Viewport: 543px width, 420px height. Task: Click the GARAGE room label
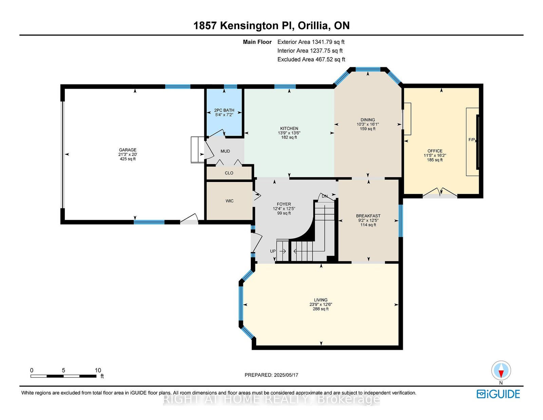(128, 150)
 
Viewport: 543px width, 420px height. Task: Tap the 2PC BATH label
(224, 110)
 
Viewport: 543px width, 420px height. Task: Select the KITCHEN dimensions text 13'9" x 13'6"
(289, 133)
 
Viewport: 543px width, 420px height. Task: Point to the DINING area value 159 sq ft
(368, 129)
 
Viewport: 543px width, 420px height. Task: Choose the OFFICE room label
(435, 151)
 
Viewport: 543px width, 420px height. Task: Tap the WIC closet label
(229, 201)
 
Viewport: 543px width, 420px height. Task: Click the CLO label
(229, 173)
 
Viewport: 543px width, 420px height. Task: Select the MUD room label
(225, 151)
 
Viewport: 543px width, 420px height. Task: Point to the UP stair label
(273, 251)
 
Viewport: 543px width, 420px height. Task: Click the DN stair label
(324, 196)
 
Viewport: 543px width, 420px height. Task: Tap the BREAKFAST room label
(368, 216)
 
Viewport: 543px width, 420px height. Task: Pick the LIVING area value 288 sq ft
(321, 309)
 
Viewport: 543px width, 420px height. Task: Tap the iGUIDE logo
(498, 394)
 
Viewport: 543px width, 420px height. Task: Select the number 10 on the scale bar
(98, 370)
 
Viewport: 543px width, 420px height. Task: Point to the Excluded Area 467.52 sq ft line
(311, 59)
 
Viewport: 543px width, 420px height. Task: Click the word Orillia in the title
(313, 25)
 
